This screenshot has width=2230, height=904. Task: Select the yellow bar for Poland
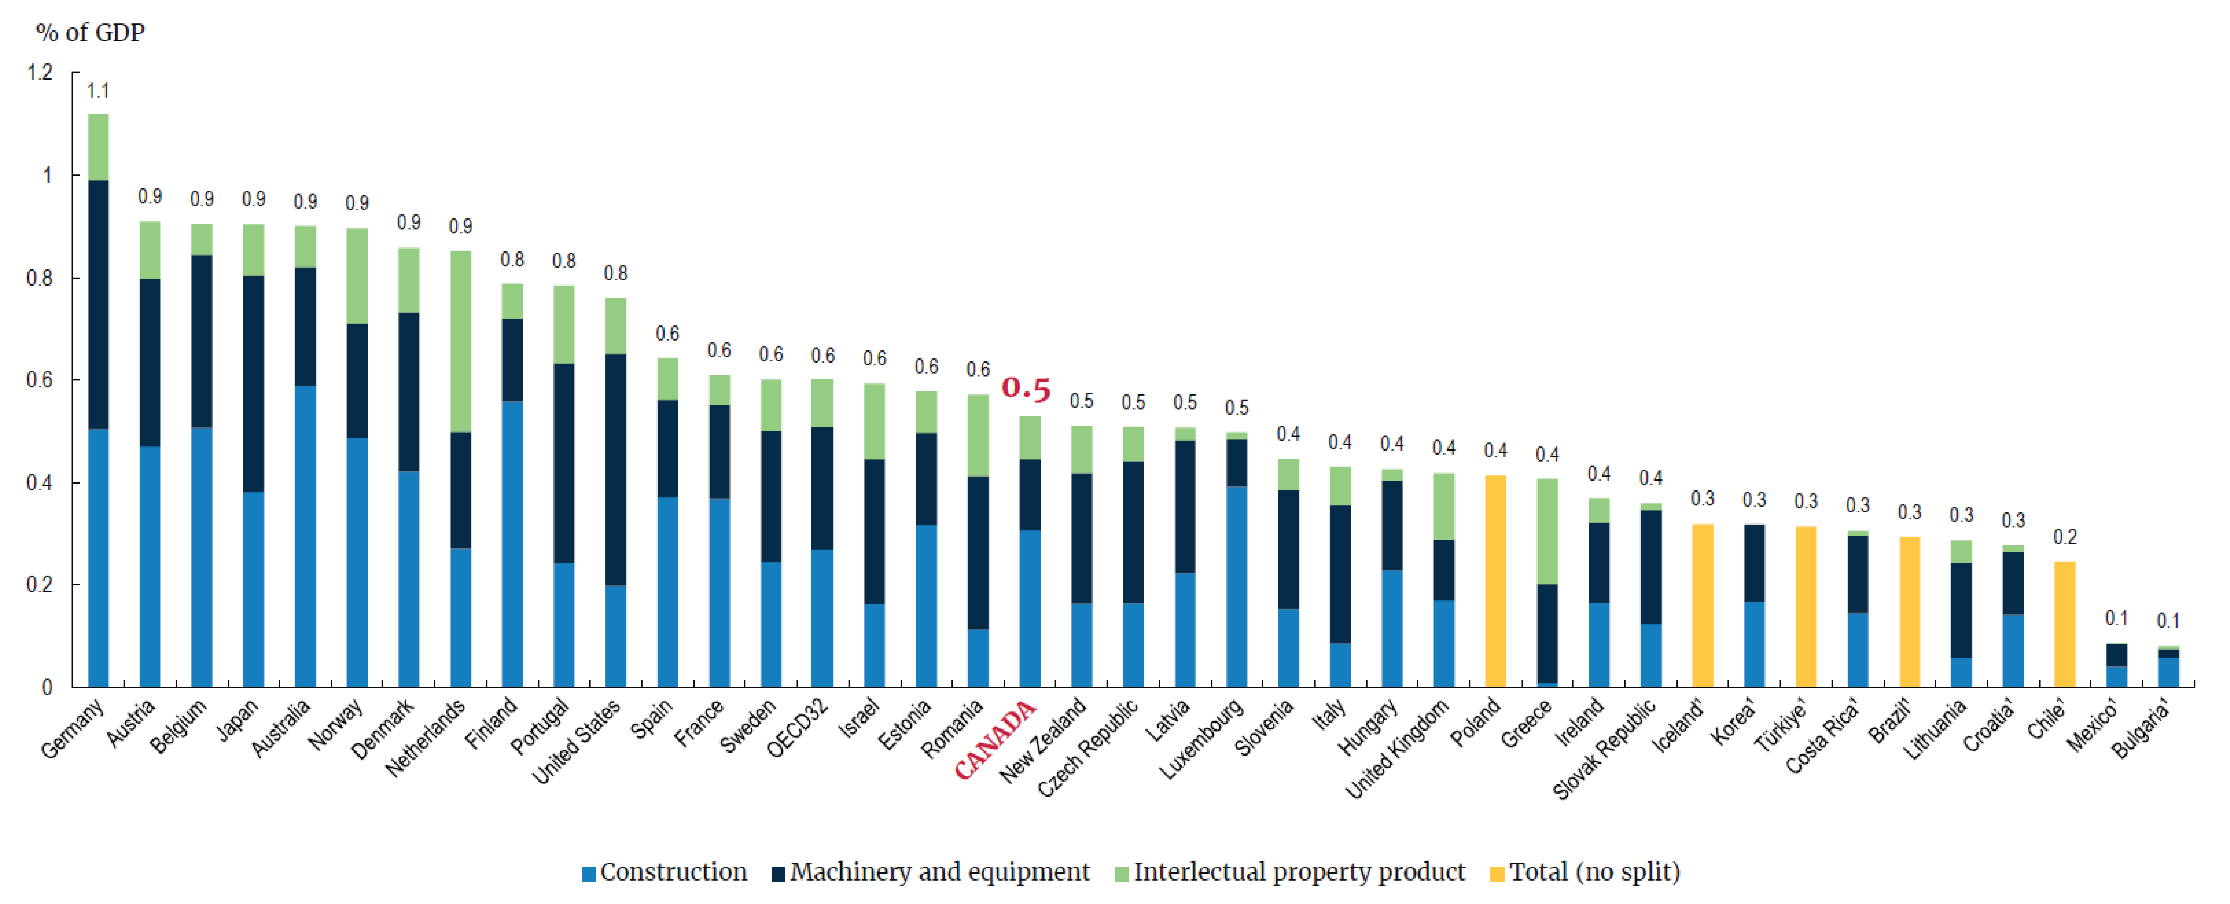coord(1495,580)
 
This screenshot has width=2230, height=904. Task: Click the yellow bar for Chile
coord(2065,623)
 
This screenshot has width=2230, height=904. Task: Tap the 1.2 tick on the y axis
coord(40,72)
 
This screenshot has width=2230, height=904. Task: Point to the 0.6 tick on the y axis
coord(40,380)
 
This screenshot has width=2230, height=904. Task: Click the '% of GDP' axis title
coord(90,33)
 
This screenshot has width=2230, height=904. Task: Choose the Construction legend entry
coord(665,872)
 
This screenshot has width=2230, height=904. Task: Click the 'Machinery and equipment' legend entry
coord(932,872)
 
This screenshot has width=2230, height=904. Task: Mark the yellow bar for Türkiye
coord(1806,606)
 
